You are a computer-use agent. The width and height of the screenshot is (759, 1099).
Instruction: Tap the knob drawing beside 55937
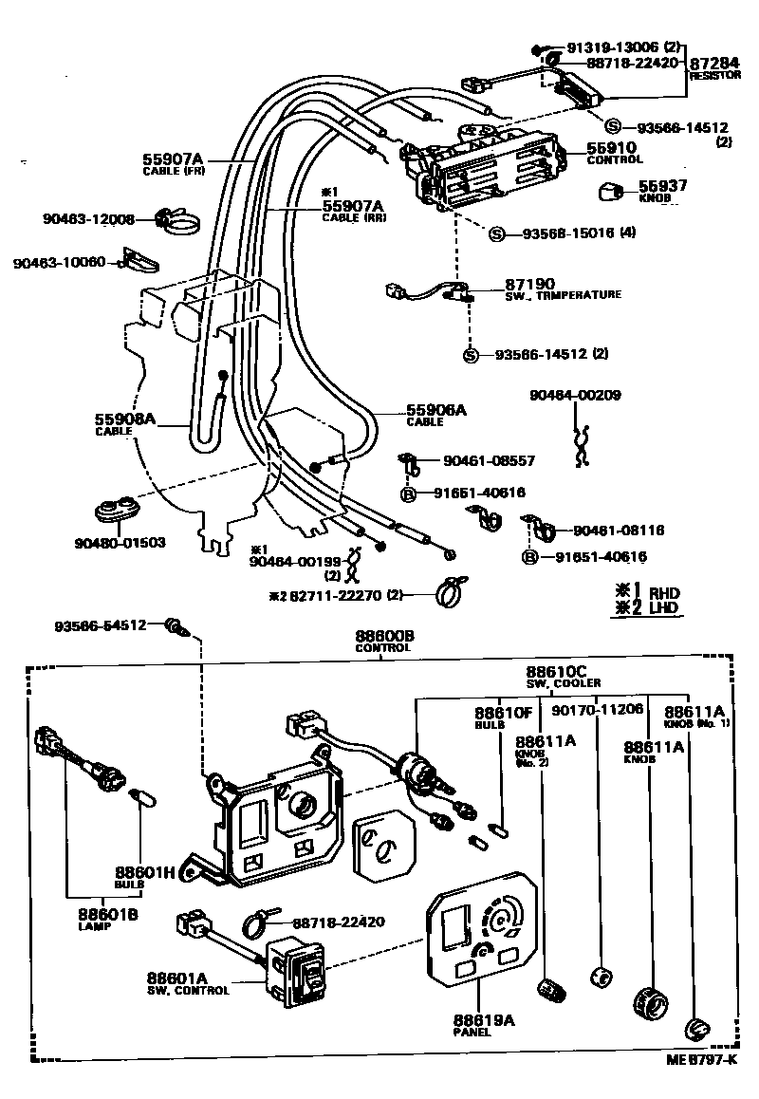click(609, 195)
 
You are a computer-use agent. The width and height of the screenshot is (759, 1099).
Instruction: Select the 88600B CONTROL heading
click(384, 641)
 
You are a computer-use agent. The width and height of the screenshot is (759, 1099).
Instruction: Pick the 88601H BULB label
click(145, 877)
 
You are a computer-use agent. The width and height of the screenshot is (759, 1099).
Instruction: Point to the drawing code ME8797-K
click(699, 1059)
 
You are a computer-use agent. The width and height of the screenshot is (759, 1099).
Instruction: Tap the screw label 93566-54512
click(101, 624)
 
